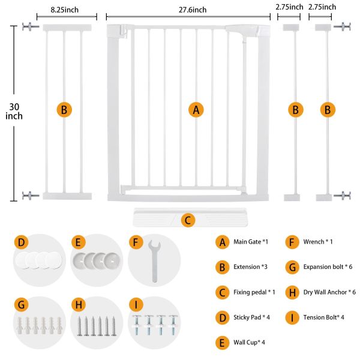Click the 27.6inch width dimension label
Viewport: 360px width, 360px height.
[x=193, y=10]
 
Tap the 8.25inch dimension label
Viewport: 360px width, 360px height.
[x=65, y=10]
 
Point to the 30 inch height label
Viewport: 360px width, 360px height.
[x=14, y=112]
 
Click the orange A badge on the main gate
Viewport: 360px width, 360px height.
[x=196, y=110]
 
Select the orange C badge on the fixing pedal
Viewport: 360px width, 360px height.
[x=188, y=220]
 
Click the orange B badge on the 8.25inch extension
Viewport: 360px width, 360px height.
[x=64, y=110]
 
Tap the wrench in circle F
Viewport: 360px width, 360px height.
[x=154, y=261]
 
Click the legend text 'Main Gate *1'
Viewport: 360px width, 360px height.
[x=251, y=242]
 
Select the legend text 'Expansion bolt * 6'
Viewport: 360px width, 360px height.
[x=328, y=267]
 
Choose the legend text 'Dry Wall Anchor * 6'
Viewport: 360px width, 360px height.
[x=329, y=292]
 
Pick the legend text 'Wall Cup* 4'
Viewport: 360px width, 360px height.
[x=249, y=343]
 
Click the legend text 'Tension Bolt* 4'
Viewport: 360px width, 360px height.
[x=324, y=317]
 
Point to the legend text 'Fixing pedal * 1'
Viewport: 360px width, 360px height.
[x=254, y=292]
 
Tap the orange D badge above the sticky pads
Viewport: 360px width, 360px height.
[x=21, y=242]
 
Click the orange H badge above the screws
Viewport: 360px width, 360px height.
[x=79, y=305]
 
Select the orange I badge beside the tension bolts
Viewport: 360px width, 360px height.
[x=136, y=305]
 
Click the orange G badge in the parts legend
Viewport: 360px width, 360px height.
[x=292, y=267]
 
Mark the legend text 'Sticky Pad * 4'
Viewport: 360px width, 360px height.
[x=251, y=317]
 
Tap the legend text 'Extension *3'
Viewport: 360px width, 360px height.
[x=250, y=267]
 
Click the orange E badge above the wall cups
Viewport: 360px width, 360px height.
[x=78, y=242]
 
